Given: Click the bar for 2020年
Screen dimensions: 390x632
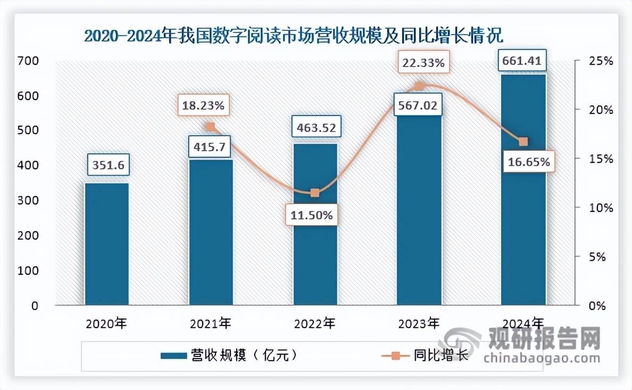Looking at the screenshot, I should [106, 244].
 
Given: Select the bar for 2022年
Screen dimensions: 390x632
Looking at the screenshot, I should [315, 224].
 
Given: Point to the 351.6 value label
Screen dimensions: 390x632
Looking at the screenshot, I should [106, 166].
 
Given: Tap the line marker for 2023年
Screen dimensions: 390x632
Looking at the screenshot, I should [419, 86].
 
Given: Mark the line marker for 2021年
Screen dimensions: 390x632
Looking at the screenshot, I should [210, 127].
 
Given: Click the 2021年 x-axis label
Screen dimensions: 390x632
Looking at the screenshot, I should [211, 323].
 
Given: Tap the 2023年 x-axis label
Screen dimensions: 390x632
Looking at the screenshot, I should [419, 323].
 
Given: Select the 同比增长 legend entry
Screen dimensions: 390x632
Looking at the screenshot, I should [426, 355].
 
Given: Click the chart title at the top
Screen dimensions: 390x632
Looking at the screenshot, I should [294, 36].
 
